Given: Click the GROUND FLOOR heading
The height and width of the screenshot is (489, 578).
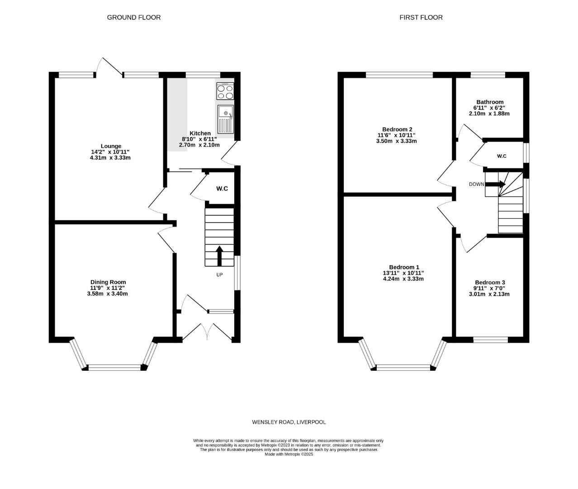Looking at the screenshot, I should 133,17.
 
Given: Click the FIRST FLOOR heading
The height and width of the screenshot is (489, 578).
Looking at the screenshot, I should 421,17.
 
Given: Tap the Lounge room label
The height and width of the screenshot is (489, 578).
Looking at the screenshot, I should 111,146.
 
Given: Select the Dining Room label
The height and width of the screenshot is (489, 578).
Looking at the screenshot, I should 108,282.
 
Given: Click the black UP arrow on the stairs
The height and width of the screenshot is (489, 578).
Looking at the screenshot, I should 219,255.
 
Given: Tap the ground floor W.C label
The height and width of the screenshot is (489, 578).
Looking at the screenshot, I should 222,188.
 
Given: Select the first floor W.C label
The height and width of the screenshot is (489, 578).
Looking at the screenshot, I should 502,156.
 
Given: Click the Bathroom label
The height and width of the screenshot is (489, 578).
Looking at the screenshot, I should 489,102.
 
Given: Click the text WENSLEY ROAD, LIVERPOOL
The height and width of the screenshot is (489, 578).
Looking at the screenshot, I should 289,422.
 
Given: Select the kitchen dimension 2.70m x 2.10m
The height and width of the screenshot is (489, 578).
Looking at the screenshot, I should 199,145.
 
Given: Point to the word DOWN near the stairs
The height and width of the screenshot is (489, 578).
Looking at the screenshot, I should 476,184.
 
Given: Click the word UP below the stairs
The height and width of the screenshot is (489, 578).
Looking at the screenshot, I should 219,275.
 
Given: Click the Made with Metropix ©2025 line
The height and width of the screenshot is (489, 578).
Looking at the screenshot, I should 289,454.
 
